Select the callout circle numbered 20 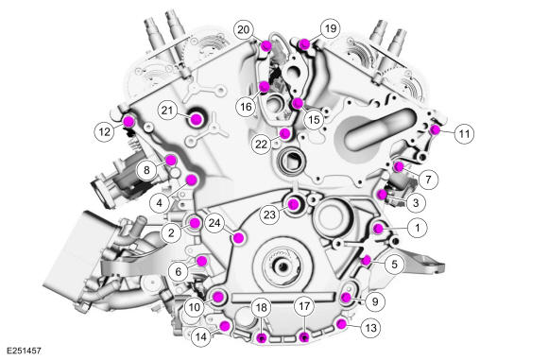[x=244, y=30]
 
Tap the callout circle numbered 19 [x=329, y=29]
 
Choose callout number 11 [x=463, y=135]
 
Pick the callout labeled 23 [x=269, y=214]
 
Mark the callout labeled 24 [x=216, y=223]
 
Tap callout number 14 [x=201, y=334]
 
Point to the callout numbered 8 [x=146, y=169]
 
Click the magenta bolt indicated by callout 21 [x=197, y=119]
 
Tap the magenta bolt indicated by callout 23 [x=296, y=202]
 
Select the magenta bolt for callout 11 [x=436, y=129]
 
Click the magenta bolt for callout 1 [x=377, y=228]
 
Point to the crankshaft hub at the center [x=286, y=270]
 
